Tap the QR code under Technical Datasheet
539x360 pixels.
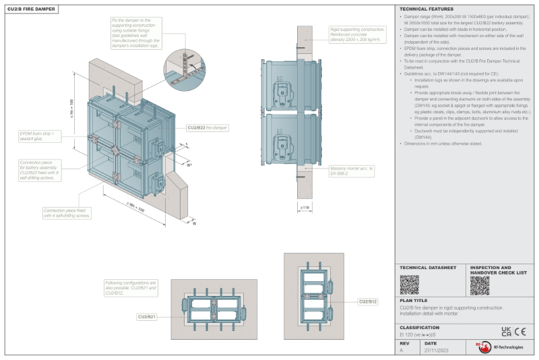[x=409, y=284]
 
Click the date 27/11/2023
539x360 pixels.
[x=437, y=351]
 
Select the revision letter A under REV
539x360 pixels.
[x=402, y=351]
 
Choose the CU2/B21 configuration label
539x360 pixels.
[x=147, y=316]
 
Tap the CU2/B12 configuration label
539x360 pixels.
[x=369, y=301]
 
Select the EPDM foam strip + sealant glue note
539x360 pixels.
[x=37, y=135]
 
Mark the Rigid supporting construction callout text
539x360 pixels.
[x=358, y=36]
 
